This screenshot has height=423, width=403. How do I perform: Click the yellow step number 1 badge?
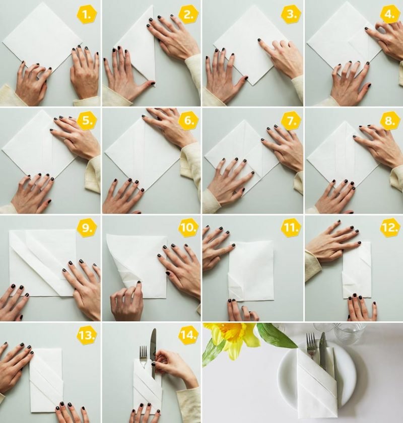pos(87,15)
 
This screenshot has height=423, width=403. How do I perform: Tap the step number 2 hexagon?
pos(188,15)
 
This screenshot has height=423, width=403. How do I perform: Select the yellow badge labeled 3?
pos(291,15)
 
